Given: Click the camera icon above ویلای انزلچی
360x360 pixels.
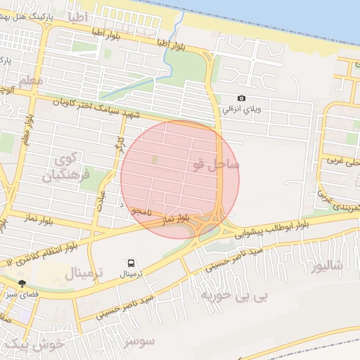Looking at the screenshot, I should point(242,98).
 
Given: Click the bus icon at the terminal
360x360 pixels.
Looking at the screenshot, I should point(131,262).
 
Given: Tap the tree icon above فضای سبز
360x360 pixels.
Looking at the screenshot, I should point(22,283).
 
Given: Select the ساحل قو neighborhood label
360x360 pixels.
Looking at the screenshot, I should point(215,165).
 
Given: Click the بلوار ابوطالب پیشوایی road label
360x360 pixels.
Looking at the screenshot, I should point(270,226).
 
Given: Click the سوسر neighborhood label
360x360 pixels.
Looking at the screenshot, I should point(138,342).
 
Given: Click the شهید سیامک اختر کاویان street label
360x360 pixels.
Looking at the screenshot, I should point(96,108).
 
